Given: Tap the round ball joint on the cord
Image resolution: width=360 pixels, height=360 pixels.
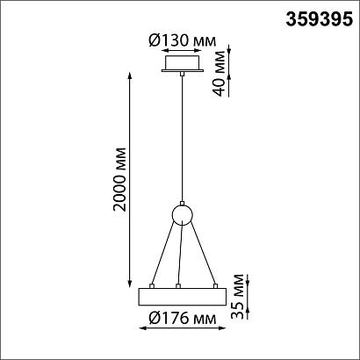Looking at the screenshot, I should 182,215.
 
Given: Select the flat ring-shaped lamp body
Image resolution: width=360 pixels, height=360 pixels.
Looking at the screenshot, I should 182,296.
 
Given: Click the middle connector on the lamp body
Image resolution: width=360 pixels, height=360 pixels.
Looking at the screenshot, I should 179,286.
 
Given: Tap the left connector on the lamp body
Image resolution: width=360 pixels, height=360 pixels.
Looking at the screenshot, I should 153,286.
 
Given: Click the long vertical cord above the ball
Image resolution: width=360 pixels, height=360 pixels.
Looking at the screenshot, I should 182,140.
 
